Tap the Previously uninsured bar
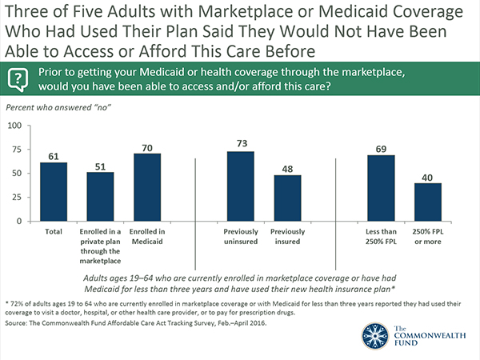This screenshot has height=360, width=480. pos(241,190)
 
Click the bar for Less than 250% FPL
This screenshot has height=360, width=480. pos(380,192)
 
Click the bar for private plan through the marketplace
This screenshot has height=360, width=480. pos(100,201)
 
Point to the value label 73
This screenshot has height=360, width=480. pos(241,143)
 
